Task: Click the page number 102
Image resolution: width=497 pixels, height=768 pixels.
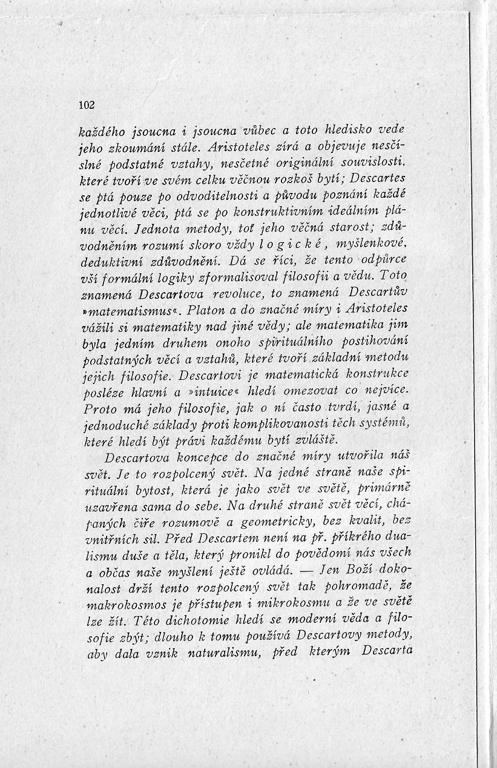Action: coord(87,104)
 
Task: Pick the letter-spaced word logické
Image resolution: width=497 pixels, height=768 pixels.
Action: coord(284,243)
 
